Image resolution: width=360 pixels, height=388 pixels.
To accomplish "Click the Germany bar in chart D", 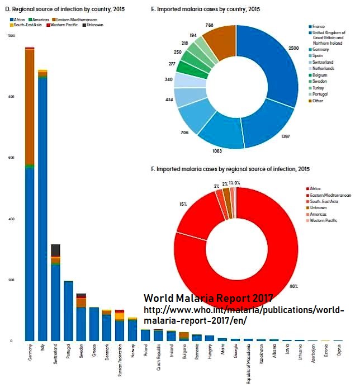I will pos(30,224).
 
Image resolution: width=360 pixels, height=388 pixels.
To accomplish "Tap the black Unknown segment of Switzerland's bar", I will pos(55,250).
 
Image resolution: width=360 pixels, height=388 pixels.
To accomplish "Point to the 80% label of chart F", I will pos(294,286).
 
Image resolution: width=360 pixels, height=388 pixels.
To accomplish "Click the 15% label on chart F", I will pos(183,204).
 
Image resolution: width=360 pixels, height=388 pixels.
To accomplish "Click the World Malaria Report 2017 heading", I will pos(208,298).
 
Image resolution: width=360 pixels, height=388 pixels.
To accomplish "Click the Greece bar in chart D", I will pos(94,324).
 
